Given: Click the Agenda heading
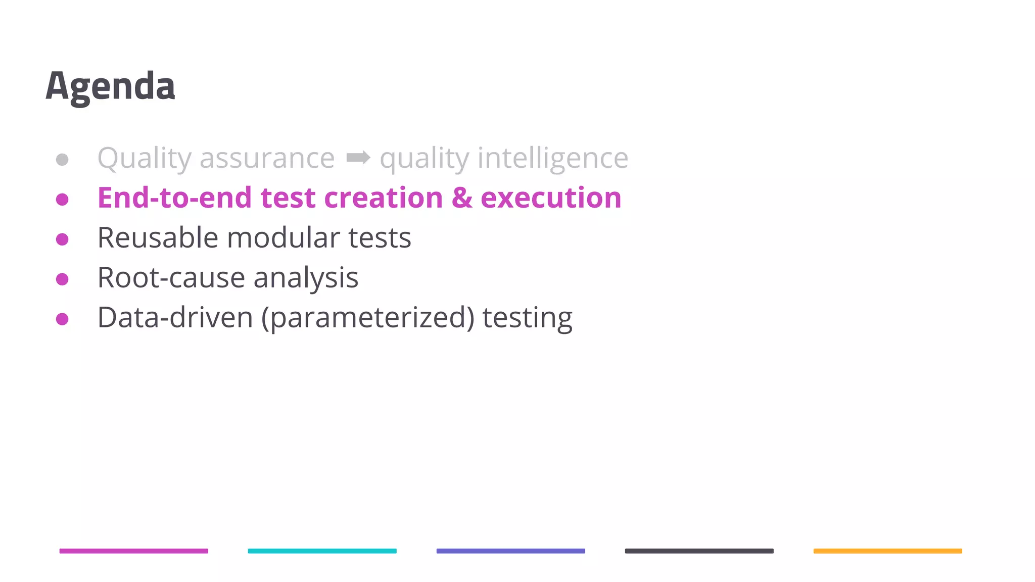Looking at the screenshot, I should [110, 86].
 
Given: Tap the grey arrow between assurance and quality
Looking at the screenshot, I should [358, 158].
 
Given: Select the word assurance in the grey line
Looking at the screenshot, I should [267, 158].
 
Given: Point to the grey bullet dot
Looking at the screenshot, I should [62, 160].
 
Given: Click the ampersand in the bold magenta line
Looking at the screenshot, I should [462, 198].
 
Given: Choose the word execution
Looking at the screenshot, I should [551, 198].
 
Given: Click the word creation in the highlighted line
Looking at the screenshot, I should [383, 198].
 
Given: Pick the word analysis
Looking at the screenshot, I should [306, 277].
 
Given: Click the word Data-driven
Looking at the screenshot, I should [175, 317].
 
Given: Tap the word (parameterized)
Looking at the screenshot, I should [368, 317].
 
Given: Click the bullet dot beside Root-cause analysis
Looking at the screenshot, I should [62, 279].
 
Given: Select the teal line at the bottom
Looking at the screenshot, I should [322, 551].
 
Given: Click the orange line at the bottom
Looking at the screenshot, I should [887, 551].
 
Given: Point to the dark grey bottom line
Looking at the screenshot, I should [699, 551].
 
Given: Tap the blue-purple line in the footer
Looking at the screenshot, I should [510, 551].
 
